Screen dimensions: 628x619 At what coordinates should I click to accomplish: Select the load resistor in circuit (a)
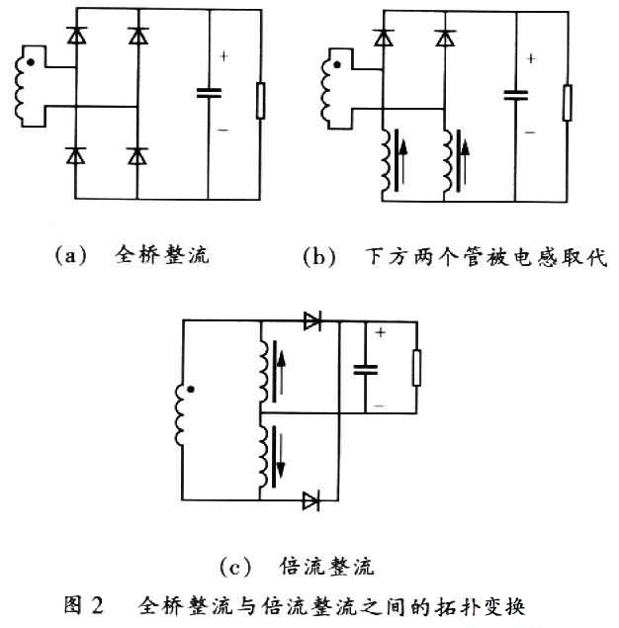[x=261, y=101]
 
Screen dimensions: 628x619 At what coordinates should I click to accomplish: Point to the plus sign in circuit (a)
[x=223, y=56]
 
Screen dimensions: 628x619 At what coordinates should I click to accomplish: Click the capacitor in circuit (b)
[x=515, y=96]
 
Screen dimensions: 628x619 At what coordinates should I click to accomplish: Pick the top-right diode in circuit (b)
[x=446, y=38]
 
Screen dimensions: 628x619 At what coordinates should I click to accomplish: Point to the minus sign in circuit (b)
[x=530, y=131]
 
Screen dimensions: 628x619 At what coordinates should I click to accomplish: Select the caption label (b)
[x=319, y=257]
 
